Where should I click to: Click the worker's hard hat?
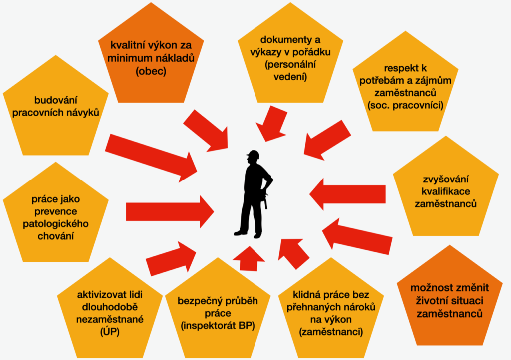pos(254,154)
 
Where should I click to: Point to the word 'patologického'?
pos(55,223)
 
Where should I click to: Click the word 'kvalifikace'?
pos(446,191)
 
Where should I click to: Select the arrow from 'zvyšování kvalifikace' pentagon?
pos(347,194)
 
